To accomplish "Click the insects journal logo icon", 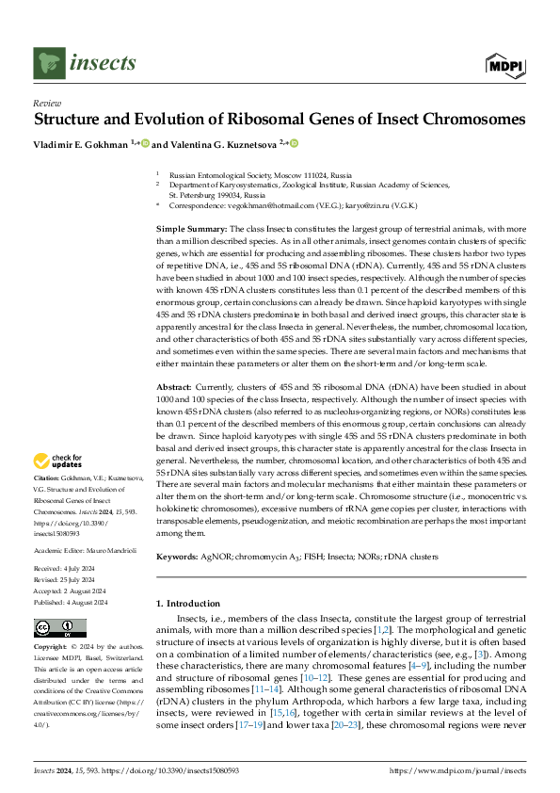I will [48, 62].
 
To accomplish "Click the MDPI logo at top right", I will [504, 64].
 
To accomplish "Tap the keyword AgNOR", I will [216, 557].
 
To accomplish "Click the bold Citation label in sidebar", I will [47, 478].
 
